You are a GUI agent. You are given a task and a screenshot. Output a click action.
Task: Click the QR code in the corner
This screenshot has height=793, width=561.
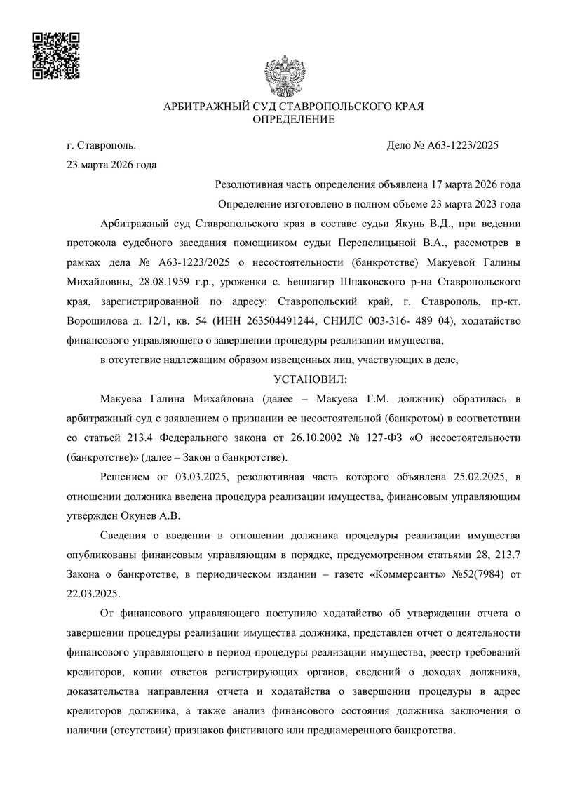coord(56,55)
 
